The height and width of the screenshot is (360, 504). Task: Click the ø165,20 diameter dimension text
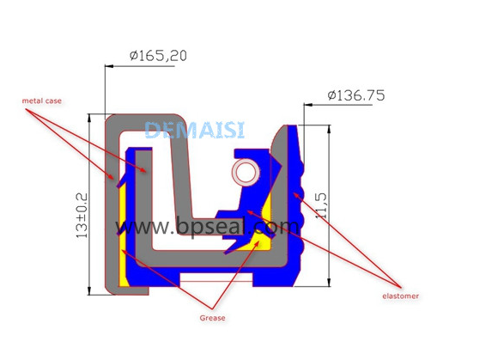point(158,56)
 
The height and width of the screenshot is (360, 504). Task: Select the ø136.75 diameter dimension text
point(356,95)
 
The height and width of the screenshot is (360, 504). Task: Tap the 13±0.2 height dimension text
point(82,216)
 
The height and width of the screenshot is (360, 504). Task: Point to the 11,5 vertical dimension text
point(321,206)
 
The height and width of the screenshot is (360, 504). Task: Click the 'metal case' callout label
point(42,101)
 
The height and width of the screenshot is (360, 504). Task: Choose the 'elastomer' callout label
point(400,296)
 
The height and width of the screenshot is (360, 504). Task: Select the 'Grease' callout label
point(212,318)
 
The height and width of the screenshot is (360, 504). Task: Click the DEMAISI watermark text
point(195,130)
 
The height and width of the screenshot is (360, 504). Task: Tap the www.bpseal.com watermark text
point(207,227)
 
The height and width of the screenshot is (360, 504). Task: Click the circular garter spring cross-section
point(246,173)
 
